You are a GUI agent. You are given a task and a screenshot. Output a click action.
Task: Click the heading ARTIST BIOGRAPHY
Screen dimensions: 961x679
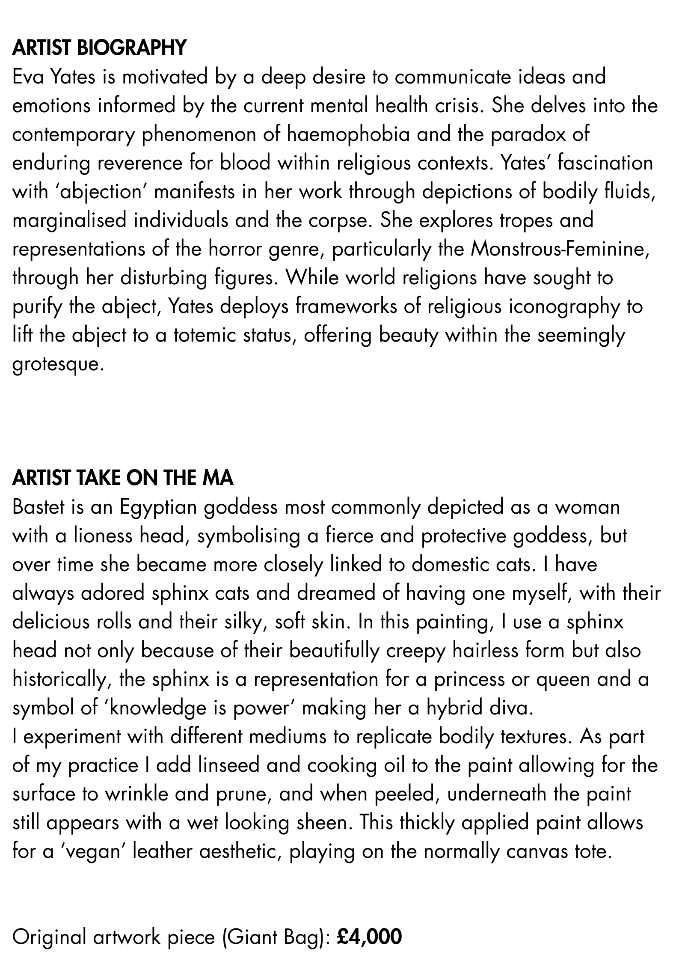click(99, 48)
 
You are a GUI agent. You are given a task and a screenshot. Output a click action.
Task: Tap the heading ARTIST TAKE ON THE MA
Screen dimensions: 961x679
click(123, 478)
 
